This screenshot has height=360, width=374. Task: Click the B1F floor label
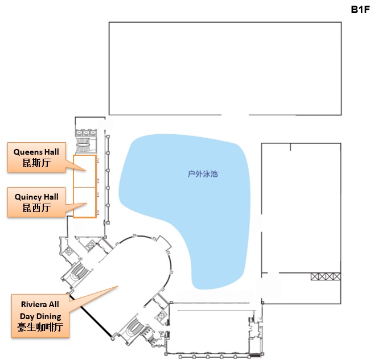click(360, 10)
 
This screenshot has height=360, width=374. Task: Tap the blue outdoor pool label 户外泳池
click(203, 174)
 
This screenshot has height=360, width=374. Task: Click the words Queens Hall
click(36, 152)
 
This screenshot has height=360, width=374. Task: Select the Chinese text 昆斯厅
click(36, 163)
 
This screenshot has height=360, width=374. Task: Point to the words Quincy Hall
click(36, 197)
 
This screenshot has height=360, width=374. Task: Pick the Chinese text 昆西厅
click(36, 208)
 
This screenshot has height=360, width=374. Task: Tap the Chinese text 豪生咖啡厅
click(40, 327)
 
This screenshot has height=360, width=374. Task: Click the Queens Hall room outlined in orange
click(85, 171)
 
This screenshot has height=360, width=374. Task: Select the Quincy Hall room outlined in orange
click(85, 202)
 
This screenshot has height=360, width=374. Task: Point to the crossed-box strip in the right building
click(326, 276)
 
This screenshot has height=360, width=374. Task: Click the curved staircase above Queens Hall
click(83, 144)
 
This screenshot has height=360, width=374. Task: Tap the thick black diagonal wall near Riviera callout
click(90, 316)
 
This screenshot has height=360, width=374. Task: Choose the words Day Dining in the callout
click(40, 316)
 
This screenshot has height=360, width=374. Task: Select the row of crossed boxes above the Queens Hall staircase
click(86, 133)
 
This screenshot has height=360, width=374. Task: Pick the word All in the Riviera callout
click(54, 304)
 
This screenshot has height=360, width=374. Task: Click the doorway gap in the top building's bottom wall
click(235, 115)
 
